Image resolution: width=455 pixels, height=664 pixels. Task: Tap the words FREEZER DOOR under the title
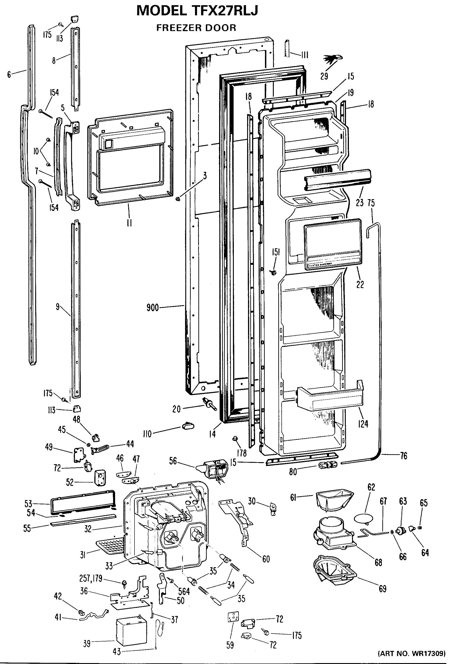coord(196,28)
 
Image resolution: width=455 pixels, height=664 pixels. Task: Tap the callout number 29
coord(324,76)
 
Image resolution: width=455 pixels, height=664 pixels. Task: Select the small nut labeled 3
coord(178,198)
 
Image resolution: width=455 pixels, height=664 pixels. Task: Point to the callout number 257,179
coord(91,579)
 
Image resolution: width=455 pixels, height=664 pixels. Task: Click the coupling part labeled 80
coord(328,465)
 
